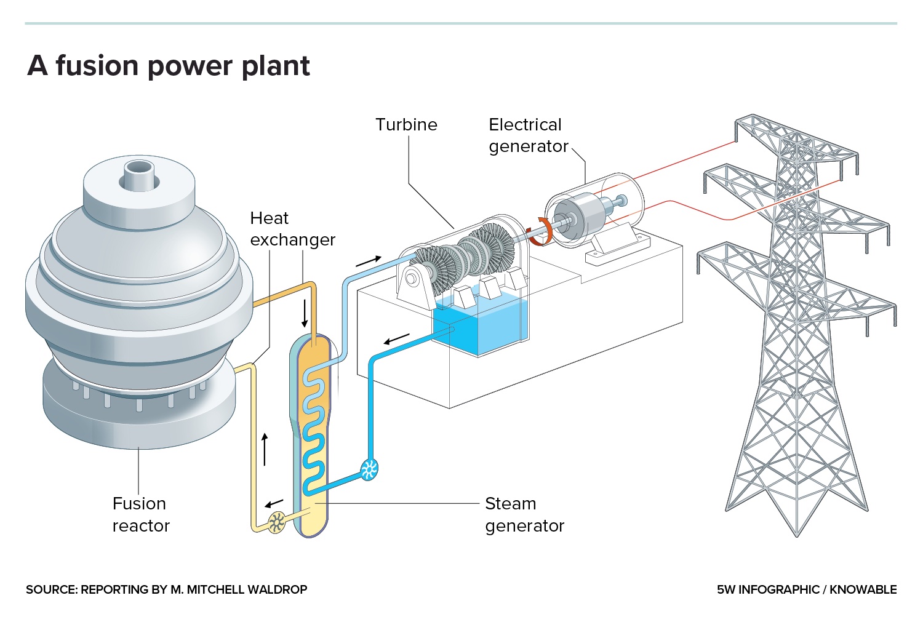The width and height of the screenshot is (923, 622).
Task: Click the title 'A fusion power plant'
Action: pyautogui.click(x=168, y=66)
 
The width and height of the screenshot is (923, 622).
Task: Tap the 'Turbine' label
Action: pyautogui.click(x=406, y=125)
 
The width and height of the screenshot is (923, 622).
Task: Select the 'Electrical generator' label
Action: pyautogui.click(x=527, y=135)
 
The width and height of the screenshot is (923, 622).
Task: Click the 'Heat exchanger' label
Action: pyautogui.click(x=292, y=229)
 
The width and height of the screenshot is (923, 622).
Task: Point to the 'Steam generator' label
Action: pyautogui.click(x=524, y=514)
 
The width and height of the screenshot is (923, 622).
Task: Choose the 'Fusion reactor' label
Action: pyautogui.click(x=140, y=514)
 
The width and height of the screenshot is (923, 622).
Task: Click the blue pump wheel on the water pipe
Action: pyautogui.click(x=369, y=469)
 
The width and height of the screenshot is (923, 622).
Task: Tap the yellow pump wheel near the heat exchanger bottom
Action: pyautogui.click(x=276, y=522)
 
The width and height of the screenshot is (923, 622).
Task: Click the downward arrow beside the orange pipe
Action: pyautogui.click(x=304, y=314)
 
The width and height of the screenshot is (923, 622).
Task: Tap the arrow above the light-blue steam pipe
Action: pyautogui.click(x=369, y=261)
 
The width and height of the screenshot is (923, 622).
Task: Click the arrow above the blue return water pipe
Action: pyautogui.click(x=396, y=338)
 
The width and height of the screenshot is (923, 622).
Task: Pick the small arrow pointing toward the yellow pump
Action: pyautogui.click(x=274, y=503)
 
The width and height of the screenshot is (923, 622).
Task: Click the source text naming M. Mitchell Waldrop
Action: pyautogui.click(x=166, y=589)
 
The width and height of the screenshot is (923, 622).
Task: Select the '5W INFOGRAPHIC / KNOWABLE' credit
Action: pyautogui.click(x=806, y=589)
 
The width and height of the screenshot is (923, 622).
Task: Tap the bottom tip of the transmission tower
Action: pyautogui.click(x=797, y=534)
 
